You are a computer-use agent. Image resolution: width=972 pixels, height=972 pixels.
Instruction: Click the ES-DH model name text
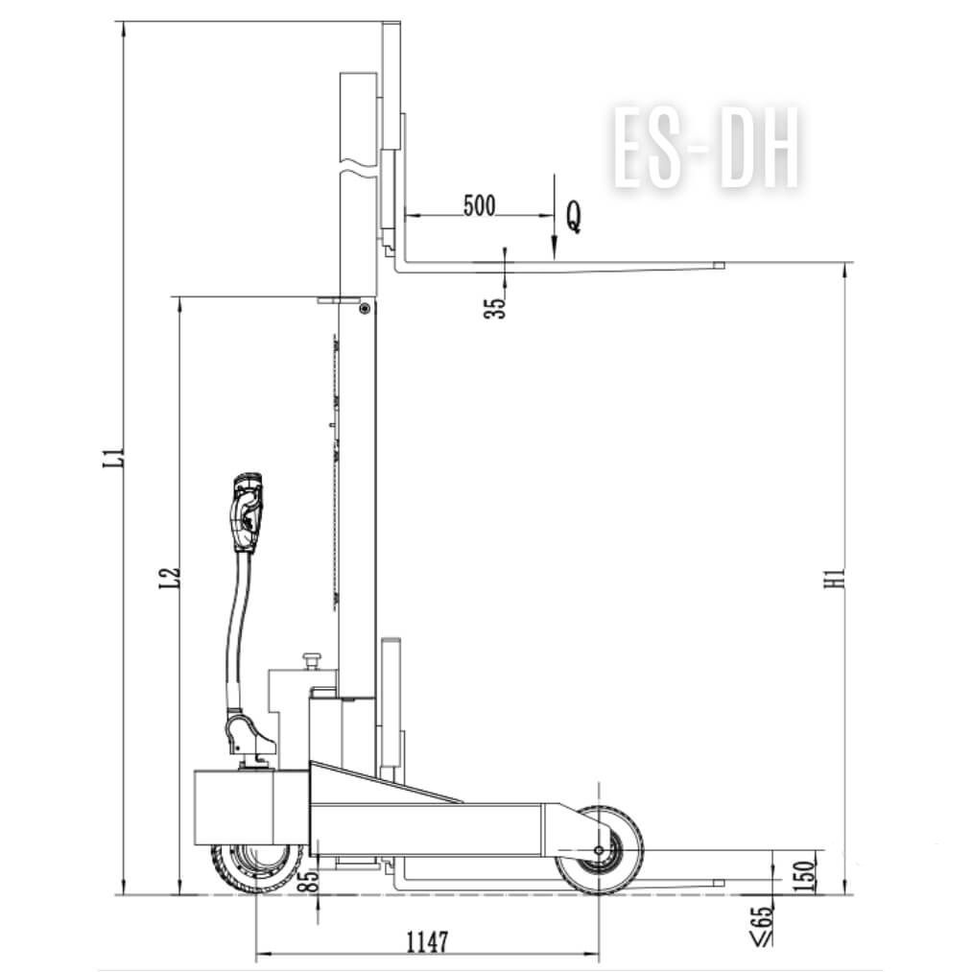click(705, 150)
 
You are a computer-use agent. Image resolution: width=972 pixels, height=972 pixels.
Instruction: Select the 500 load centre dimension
click(480, 205)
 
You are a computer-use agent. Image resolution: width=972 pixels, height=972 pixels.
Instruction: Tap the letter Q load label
click(574, 217)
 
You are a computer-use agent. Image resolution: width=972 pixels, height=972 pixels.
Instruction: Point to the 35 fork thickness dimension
click(495, 308)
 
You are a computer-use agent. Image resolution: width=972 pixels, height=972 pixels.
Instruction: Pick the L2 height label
click(170, 579)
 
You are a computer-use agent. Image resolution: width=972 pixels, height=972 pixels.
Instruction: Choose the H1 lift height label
click(836, 578)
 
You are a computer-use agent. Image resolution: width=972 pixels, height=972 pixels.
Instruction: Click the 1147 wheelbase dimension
click(427, 942)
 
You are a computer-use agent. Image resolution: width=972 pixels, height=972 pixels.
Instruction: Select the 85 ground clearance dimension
click(313, 880)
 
